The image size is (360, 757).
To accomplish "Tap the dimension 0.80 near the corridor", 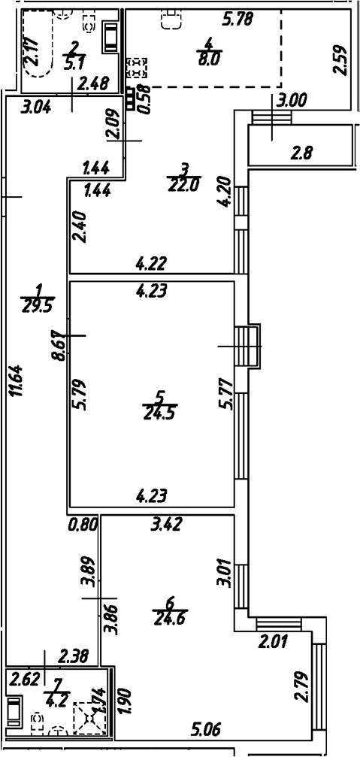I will [x=83, y=525].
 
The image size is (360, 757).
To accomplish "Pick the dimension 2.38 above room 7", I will [x=74, y=656].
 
